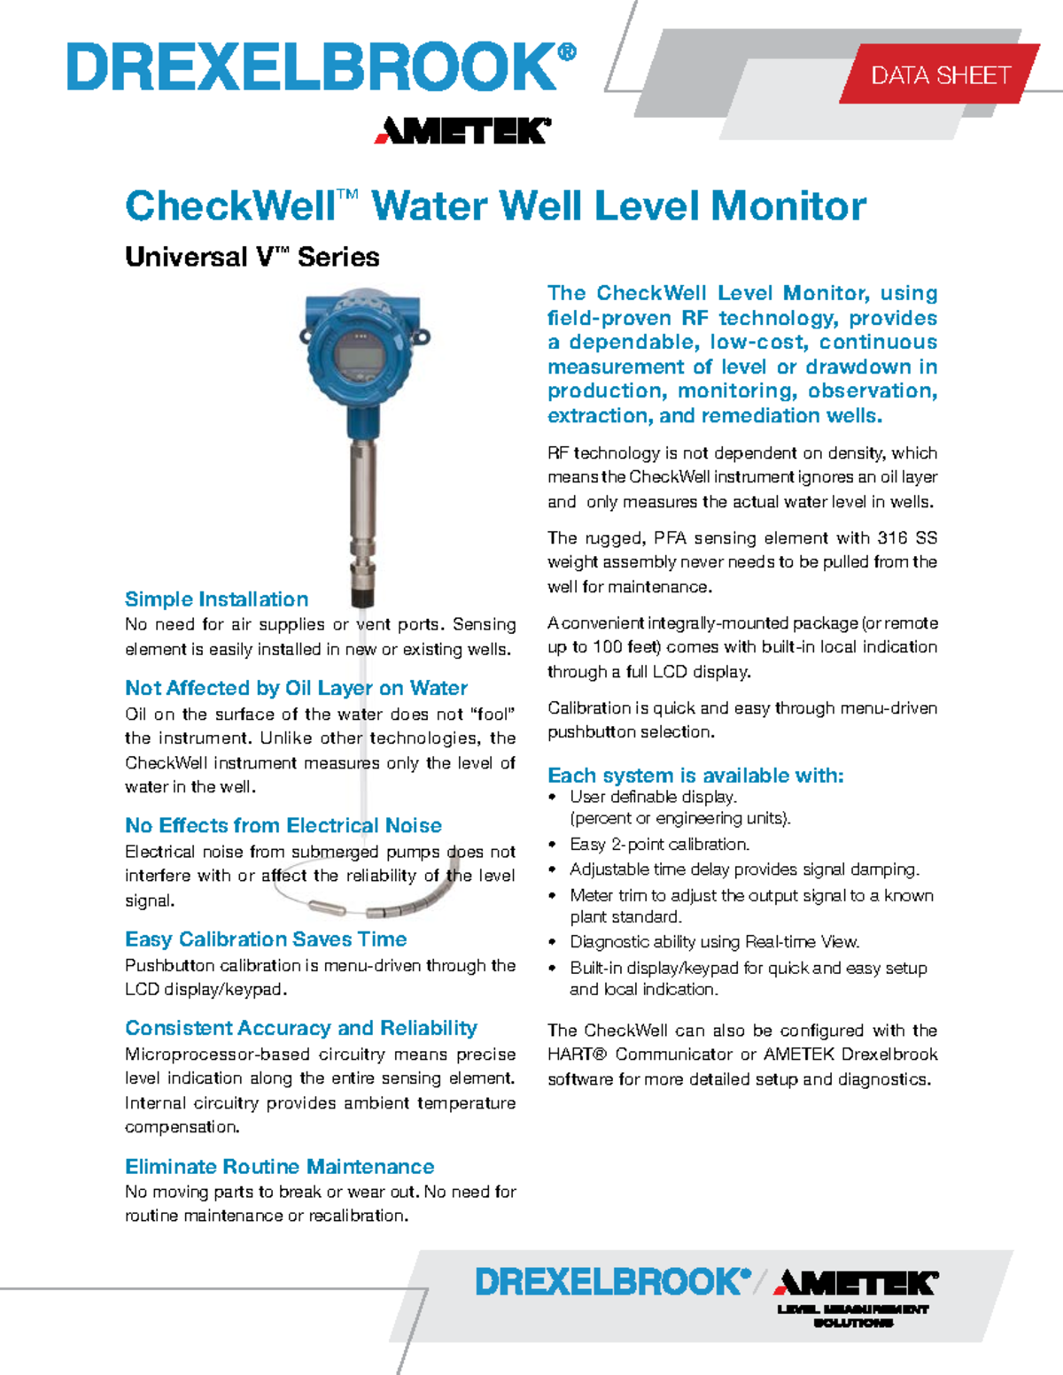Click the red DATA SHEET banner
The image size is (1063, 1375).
[x=940, y=75]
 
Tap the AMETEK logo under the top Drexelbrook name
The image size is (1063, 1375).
[x=462, y=131]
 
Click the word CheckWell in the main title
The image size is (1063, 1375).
[x=229, y=206]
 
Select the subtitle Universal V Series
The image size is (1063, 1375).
[x=252, y=257]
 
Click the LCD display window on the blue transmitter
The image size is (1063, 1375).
[x=360, y=359]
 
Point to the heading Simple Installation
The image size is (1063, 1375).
[x=216, y=599]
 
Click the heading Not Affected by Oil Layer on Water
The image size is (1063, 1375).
[x=296, y=688]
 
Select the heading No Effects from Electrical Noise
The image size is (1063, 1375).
[x=283, y=825]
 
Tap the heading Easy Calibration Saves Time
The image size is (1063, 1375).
[x=266, y=939]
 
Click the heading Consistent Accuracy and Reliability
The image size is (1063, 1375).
[x=300, y=1028]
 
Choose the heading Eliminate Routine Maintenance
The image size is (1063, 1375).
[x=279, y=1166]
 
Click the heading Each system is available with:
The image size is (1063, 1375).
[x=695, y=776]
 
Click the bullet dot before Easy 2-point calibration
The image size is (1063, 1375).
[x=553, y=845]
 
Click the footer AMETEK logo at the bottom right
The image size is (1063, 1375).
[x=856, y=1283]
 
